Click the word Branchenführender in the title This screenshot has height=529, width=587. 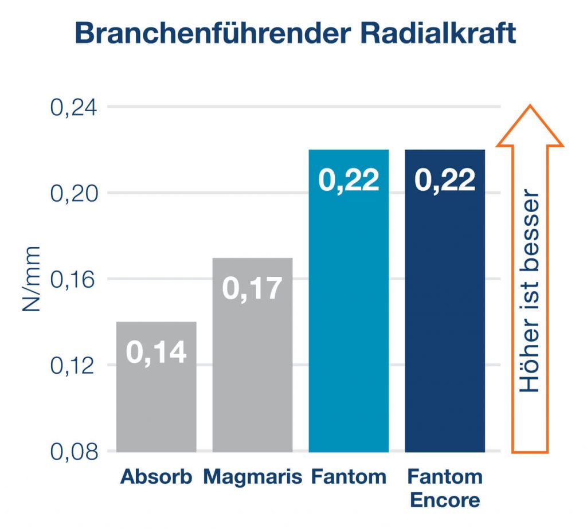coord(213,33)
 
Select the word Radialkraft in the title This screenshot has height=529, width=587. coord(439,33)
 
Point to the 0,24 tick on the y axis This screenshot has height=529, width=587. coord(73,108)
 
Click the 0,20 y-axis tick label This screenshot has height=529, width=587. coord(73,194)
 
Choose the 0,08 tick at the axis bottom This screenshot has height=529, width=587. coord(73,452)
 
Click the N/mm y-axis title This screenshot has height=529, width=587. coord(31,279)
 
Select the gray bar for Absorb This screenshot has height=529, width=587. coord(156,387)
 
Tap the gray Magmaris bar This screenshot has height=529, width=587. coord(253,355)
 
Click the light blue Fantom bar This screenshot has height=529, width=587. coord(349,301)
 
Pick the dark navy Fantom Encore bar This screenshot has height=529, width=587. coord(445,301)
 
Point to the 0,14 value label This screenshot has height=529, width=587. coord(156,352)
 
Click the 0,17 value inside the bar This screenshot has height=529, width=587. coord(252,289)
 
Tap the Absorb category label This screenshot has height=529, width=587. coord(156,477)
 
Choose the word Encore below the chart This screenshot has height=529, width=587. coord(445,500)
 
